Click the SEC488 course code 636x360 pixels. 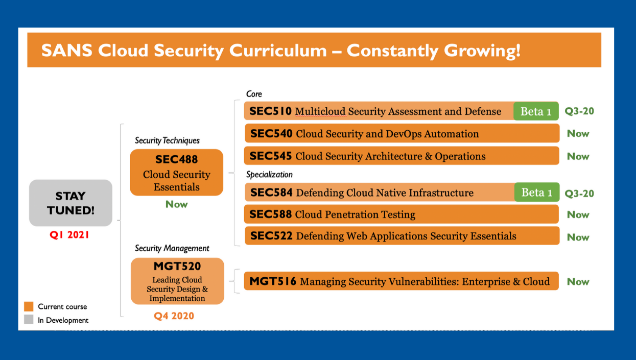click(x=176, y=159)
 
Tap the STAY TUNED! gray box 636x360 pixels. click(x=70, y=203)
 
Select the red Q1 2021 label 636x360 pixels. click(x=69, y=235)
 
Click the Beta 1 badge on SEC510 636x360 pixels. click(x=536, y=111)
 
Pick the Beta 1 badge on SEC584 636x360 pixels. click(x=537, y=192)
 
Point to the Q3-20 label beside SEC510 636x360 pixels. click(x=579, y=111)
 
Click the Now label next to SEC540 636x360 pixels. click(x=578, y=133)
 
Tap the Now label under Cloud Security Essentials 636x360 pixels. click(x=176, y=204)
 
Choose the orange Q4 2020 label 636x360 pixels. click(x=174, y=316)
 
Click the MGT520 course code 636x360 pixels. click(x=177, y=266)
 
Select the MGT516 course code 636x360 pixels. click(x=273, y=281)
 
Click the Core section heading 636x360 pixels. click(x=254, y=94)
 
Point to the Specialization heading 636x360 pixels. click(x=269, y=174)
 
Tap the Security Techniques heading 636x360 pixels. click(x=167, y=140)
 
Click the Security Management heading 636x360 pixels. click(x=172, y=248)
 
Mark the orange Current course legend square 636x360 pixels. click(x=29, y=306)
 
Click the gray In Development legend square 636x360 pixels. click(x=29, y=319)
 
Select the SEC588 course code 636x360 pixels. click(x=271, y=214)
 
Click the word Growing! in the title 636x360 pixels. click(x=482, y=51)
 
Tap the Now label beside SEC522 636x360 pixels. click(x=578, y=237)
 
